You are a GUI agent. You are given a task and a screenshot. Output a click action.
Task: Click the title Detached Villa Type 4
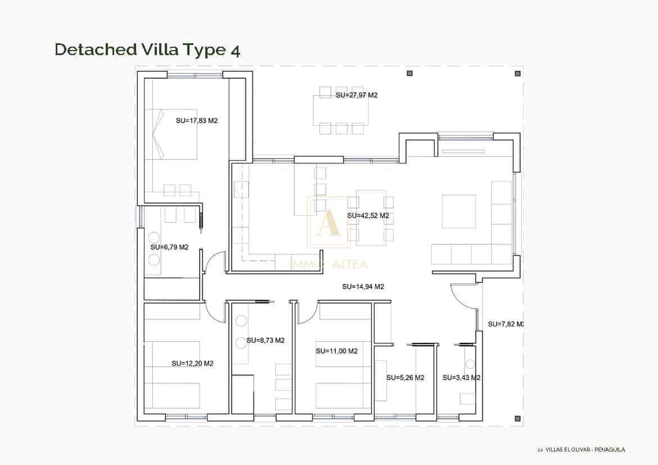click(x=147, y=49)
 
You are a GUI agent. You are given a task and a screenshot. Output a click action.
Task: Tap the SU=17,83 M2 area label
click(x=196, y=120)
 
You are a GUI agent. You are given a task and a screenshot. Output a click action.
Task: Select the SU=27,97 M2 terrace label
click(x=356, y=96)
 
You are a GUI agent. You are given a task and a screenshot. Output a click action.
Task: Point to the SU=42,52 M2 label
click(x=368, y=215)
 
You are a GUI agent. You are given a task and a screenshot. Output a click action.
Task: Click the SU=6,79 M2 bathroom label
click(x=169, y=247)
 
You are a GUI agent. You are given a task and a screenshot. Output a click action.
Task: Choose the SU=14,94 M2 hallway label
click(x=363, y=287)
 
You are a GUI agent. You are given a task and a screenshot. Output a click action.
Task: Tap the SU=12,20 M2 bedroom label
click(x=192, y=364)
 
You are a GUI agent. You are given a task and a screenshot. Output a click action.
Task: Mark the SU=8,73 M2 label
click(x=265, y=341)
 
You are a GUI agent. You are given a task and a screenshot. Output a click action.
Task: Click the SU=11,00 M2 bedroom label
click(x=336, y=351)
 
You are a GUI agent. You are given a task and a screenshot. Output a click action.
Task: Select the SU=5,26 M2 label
click(x=405, y=378)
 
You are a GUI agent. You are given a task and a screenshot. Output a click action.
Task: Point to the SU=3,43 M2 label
click(x=461, y=378)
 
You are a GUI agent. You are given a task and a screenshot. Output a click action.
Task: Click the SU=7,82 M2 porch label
click(x=506, y=324)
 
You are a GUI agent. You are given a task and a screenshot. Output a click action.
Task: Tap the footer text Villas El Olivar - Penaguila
click(x=582, y=449)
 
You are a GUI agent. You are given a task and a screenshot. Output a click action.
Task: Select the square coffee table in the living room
click(x=458, y=211)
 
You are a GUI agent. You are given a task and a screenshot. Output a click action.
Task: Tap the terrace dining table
click(x=341, y=110)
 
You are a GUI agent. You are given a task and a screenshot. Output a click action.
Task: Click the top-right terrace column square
click(x=517, y=73)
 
